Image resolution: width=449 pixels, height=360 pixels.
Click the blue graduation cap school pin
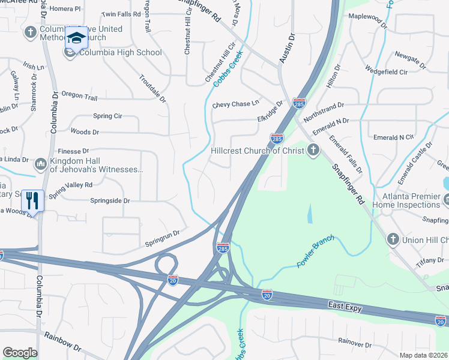pos(76,38)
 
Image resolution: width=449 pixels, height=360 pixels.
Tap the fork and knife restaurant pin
pos(33,200)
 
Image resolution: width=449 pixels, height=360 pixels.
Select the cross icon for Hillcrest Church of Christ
pos(312,150)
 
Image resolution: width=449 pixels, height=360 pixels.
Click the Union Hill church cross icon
pos(393,239)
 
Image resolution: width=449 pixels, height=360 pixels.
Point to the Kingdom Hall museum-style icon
pos(41,163)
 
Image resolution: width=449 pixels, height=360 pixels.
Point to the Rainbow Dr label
pos(62,344)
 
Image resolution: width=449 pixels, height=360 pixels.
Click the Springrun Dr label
pos(162,239)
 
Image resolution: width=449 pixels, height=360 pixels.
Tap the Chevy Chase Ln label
pos(235,104)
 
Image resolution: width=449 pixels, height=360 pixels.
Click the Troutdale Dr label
pos(152,88)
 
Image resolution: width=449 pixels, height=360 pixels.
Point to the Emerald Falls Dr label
pos(345,154)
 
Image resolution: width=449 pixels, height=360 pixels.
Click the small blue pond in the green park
pos(309,213)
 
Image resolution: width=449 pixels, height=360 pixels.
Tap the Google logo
pos(20,353)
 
